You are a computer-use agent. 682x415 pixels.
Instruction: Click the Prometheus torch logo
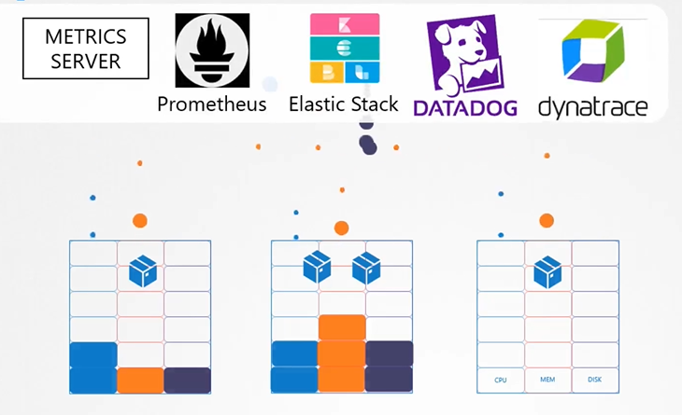pyautogui.click(x=212, y=50)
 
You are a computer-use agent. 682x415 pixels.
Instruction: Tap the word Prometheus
pyautogui.click(x=211, y=104)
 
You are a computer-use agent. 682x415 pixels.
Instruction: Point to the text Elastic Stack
pyautogui.click(x=344, y=104)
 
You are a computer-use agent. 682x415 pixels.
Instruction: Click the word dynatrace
pyautogui.click(x=592, y=107)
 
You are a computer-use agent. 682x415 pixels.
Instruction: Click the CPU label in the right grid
pyautogui.click(x=501, y=380)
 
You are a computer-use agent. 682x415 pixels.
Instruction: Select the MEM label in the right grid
pyautogui.click(x=547, y=380)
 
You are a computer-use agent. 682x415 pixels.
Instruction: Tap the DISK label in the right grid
pyautogui.click(x=594, y=380)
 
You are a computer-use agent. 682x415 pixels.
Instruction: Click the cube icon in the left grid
pyautogui.click(x=142, y=271)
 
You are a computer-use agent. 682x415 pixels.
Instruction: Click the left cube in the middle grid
pyautogui.click(x=317, y=269)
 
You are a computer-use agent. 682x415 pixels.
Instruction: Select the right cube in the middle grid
pyautogui.click(x=365, y=269)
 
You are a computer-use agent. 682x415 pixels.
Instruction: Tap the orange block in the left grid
pyautogui.click(x=141, y=380)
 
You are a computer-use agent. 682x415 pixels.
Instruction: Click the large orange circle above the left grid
pyautogui.click(x=140, y=221)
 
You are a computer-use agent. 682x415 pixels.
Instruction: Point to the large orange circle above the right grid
pyautogui.click(x=547, y=221)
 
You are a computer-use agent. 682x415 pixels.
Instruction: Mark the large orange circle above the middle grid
pyautogui.click(x=342, y=228)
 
